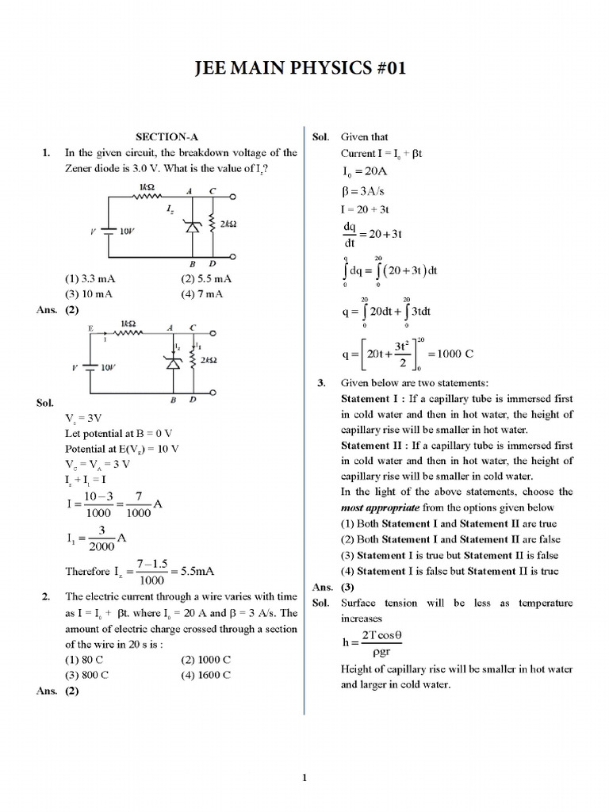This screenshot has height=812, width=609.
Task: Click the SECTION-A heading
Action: tap(166, 137)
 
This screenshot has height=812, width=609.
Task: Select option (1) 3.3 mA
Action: tap(94, 279)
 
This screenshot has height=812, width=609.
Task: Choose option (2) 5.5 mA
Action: tap(205, 279)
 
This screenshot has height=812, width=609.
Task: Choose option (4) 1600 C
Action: tap(205, 674)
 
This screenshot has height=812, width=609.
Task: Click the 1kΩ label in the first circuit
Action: tap(147, 188)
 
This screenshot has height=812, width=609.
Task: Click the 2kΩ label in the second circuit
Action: tap(209, 360)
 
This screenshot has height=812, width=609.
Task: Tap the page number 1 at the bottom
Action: tap(304, 777)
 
